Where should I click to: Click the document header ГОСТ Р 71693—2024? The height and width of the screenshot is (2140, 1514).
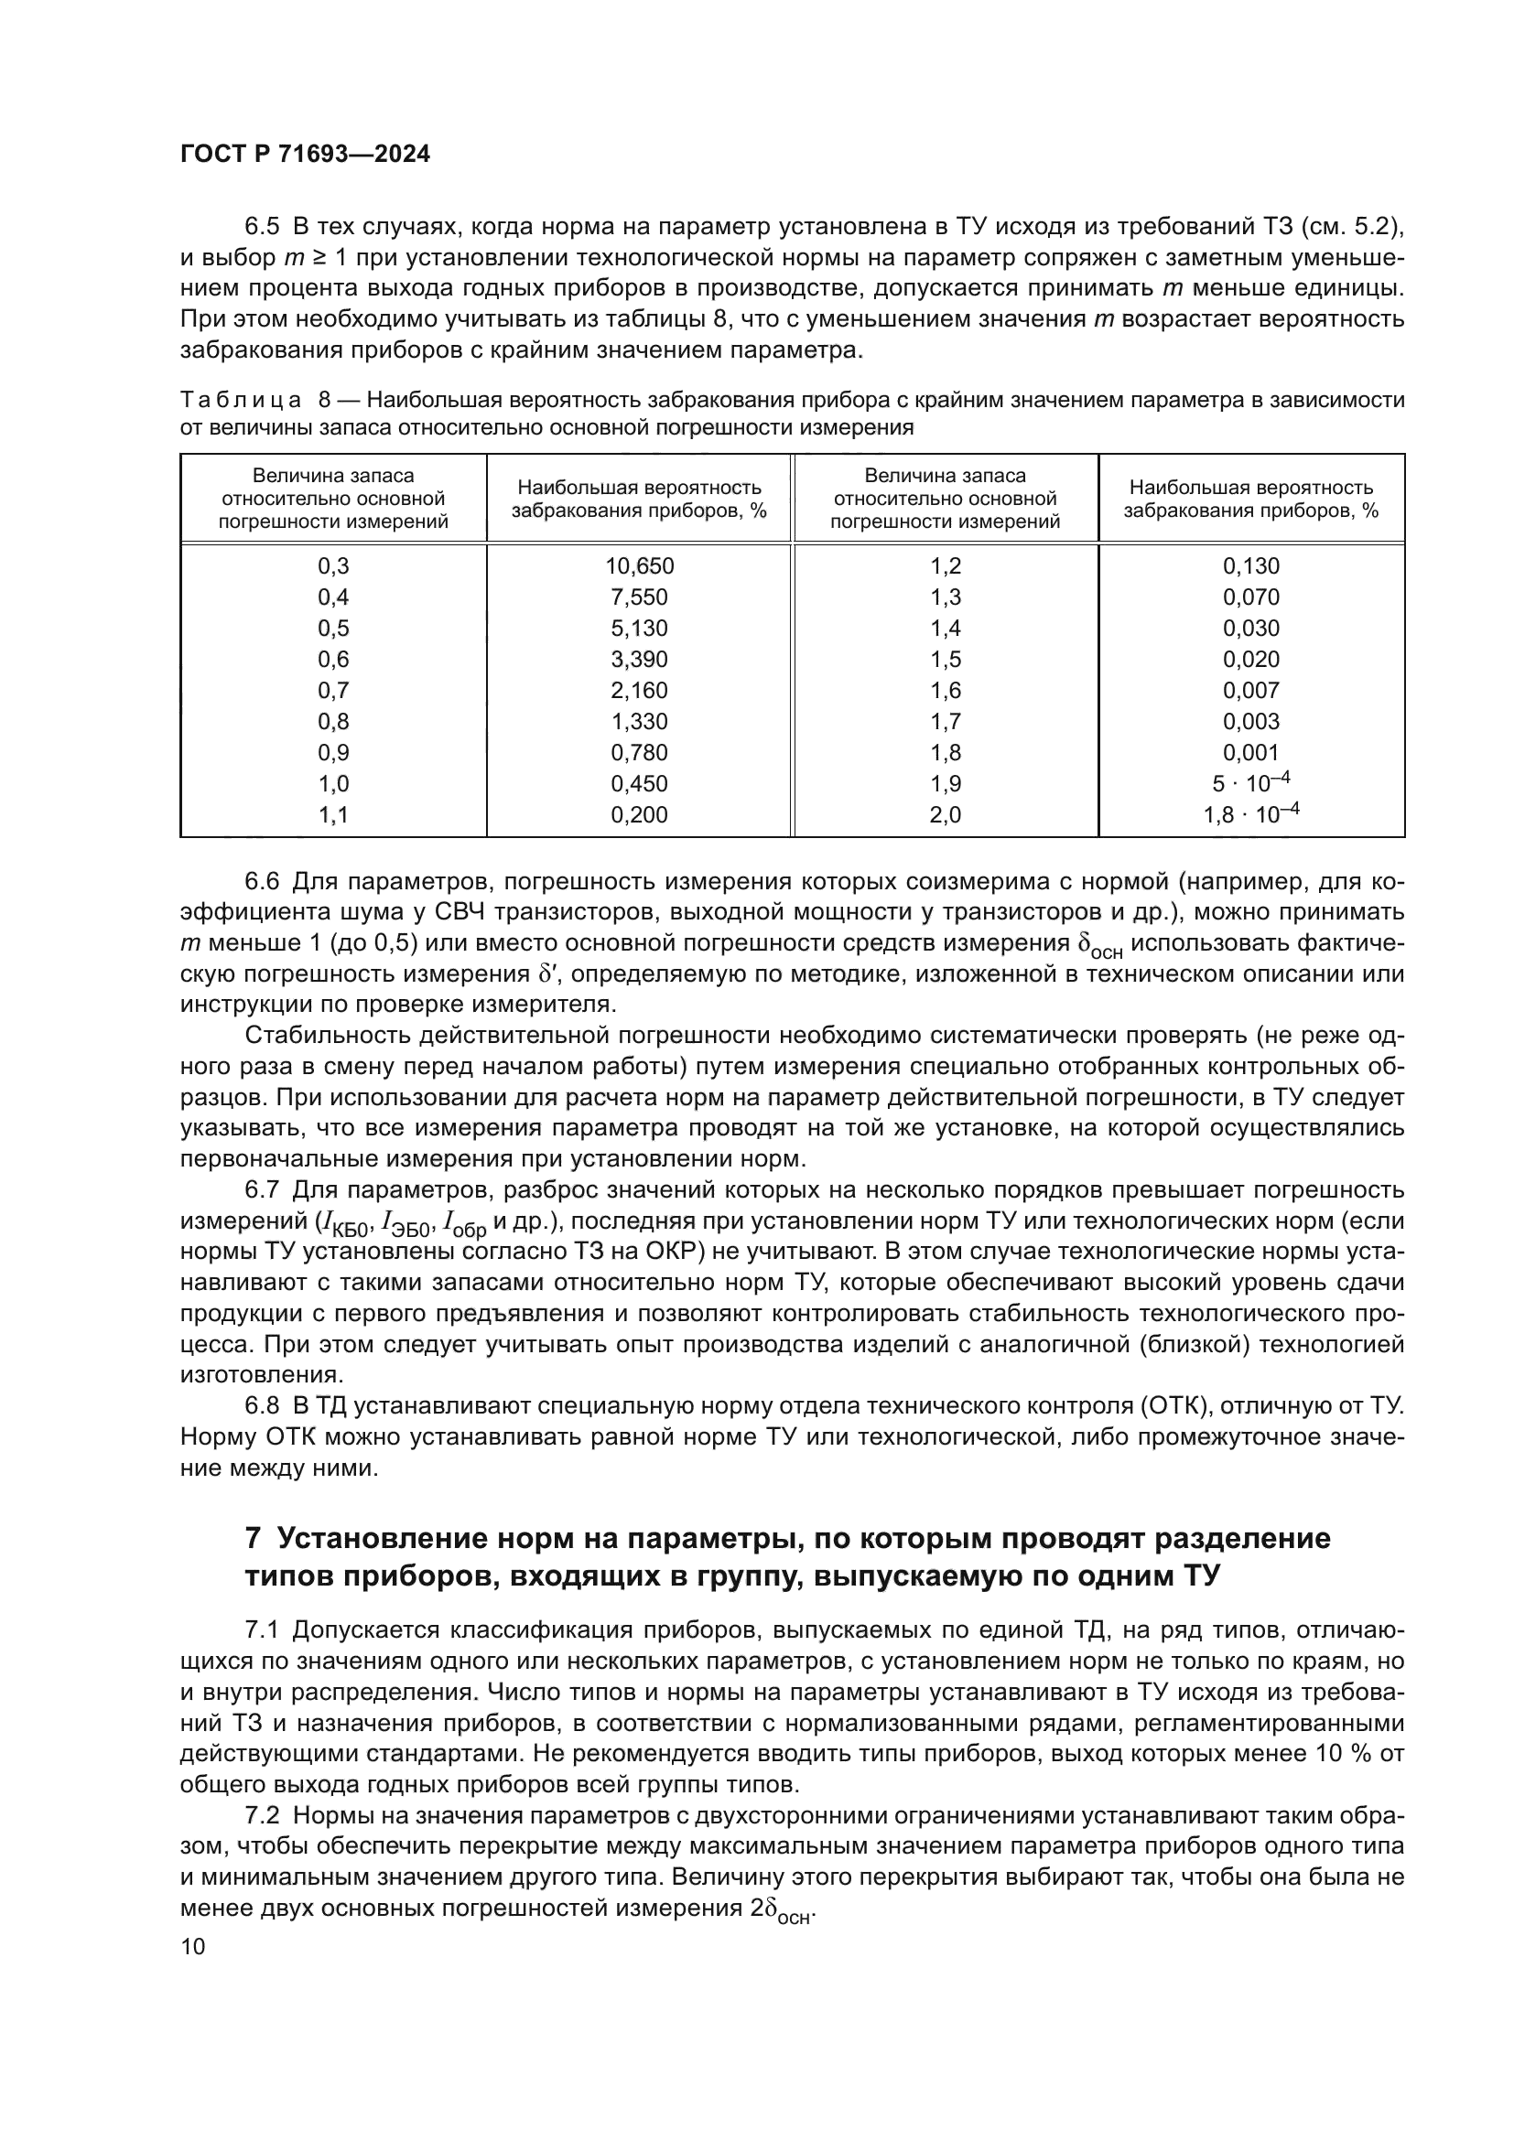tap(305, 155)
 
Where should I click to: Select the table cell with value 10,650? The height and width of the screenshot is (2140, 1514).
tap(640, 565)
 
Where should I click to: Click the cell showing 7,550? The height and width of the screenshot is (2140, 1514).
tap(640, 597)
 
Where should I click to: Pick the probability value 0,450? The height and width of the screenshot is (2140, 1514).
tap(640, 784)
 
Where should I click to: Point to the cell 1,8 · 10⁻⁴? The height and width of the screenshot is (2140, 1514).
tap(1251, 813)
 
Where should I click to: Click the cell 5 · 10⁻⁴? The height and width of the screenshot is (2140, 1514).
tap(1251, 783)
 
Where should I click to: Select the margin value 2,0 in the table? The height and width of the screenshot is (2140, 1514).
tap(946, 814)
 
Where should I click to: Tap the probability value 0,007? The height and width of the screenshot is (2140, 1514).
tap(1251, 691)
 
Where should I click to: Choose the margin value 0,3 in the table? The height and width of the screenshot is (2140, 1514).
tap(333, 565)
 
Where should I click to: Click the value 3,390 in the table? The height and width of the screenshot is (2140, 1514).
tap(640, 660)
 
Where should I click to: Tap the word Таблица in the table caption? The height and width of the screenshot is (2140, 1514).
tap(241, 401)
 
